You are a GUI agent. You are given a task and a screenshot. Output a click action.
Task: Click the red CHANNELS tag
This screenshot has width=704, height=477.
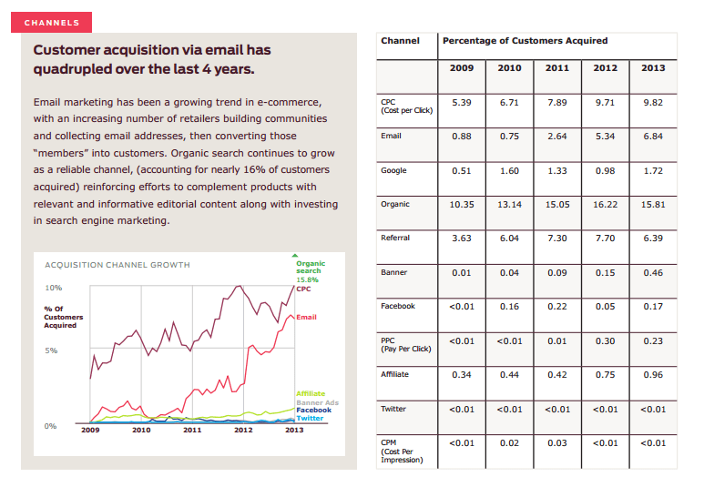[52, 22]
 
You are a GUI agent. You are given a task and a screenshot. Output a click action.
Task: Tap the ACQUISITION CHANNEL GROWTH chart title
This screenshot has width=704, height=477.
[117, 265]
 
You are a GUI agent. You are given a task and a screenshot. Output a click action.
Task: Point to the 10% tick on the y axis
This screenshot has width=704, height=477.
[53, 287]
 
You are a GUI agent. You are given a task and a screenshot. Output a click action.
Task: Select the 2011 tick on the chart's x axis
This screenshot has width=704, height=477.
[192, 430]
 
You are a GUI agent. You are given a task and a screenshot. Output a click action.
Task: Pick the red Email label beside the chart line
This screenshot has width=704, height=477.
[306, 317]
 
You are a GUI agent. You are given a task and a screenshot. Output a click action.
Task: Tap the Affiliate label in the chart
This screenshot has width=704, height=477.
[311, 393]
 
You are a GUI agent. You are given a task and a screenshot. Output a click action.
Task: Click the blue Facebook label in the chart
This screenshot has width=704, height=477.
[314, 410]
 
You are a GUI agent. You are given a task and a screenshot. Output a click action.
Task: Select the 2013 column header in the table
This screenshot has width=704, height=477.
[653, 68]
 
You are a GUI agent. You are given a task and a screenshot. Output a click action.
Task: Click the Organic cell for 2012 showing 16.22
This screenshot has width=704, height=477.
[606, 205]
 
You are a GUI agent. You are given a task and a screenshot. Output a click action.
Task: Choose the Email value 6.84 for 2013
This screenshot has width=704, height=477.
[653, 137]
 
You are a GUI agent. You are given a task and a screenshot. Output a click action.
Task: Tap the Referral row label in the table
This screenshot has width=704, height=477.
[395, 238]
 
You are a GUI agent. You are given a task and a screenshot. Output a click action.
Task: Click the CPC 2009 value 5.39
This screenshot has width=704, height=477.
[462, 102]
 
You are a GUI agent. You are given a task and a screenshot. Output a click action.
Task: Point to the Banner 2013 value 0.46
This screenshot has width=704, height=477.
[653, 272]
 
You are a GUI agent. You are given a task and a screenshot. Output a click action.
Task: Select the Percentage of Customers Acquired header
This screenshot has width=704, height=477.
[525, 41]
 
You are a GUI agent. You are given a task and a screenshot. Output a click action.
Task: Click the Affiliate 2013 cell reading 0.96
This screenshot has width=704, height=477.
[653, 374]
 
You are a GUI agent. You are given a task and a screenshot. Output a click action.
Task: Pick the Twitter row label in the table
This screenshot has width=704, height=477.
[393, 409]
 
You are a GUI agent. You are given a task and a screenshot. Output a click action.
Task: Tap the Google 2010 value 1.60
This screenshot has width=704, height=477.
[509, 170]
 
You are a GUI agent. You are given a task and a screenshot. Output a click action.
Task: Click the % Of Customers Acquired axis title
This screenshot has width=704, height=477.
[63, 317]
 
